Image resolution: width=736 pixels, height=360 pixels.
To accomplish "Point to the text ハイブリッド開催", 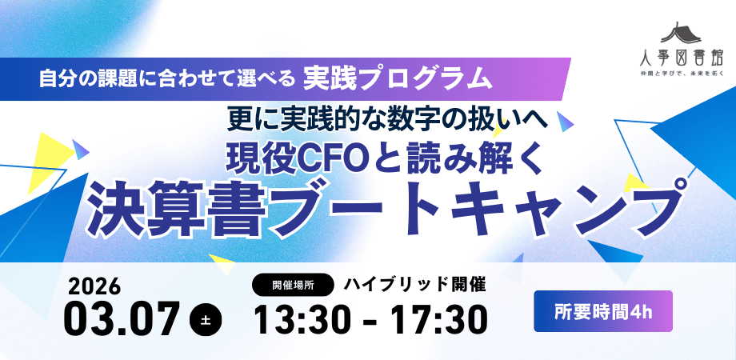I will (x=415, y=284).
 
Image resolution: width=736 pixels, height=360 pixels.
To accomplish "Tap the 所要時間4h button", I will (x=603, y=311).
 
